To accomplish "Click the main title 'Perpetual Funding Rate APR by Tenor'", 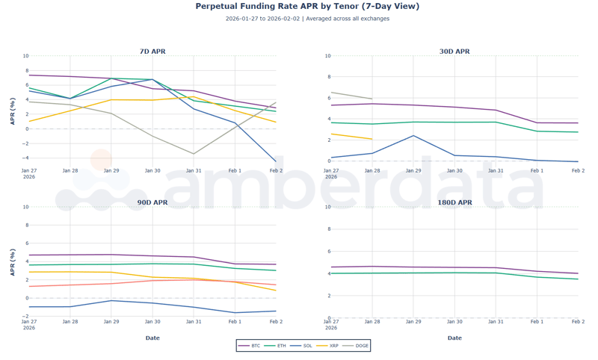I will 307,7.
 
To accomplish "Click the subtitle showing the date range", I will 307,19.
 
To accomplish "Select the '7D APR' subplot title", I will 152,52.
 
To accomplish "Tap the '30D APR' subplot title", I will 454,52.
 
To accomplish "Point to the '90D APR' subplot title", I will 152,202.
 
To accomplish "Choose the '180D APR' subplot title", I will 454,202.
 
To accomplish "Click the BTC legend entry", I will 250,346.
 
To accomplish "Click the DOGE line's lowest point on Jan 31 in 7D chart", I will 194,154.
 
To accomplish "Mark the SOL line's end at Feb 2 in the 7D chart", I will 276,161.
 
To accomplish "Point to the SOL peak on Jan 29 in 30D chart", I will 413,135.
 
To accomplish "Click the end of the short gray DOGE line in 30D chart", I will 372,99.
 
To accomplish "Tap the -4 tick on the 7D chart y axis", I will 25,158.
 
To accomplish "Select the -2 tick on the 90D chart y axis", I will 25,317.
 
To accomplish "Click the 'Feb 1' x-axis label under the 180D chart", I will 537,322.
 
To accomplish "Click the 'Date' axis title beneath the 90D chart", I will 152,338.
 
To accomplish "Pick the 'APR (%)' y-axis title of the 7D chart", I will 13,111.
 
